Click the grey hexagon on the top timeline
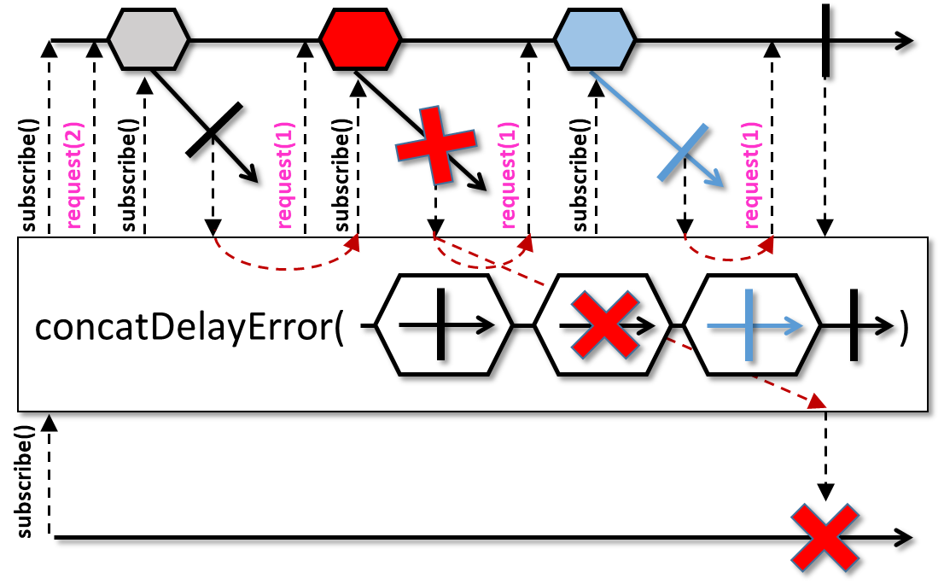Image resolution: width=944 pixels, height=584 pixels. click(149, 39)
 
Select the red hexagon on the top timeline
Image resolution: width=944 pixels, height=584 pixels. click(359, 39)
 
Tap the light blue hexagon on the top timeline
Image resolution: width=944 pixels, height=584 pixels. click(594, 39)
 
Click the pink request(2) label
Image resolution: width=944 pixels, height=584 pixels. click(74, 175)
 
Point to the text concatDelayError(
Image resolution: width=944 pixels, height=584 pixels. click(189, 326)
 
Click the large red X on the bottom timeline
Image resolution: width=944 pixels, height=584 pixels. click(825, 538)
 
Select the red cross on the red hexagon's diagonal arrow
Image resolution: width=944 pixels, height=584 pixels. click(436, 145)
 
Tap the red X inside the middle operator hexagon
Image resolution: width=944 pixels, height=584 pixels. click(604, 325)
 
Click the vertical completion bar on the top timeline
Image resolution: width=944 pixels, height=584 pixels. click(825, 40)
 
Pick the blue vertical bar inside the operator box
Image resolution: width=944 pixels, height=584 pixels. click(749, 325)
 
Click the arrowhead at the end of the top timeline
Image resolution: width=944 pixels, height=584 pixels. click(904, 41)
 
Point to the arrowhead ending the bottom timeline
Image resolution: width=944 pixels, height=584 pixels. click(904, 538)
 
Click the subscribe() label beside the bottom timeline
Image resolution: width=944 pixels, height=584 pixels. click(24, 481)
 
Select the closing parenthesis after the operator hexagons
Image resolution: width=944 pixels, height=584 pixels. click(903, 326)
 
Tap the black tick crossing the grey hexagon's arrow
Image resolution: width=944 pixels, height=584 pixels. click(213, 130)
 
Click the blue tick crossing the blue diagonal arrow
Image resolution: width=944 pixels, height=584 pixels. click(683, 152)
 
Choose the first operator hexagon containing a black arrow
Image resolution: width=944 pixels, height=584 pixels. click(444, 325)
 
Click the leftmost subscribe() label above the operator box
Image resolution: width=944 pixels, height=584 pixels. click(28, 175)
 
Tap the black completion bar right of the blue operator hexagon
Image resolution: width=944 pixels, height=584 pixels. click(854, 325)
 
